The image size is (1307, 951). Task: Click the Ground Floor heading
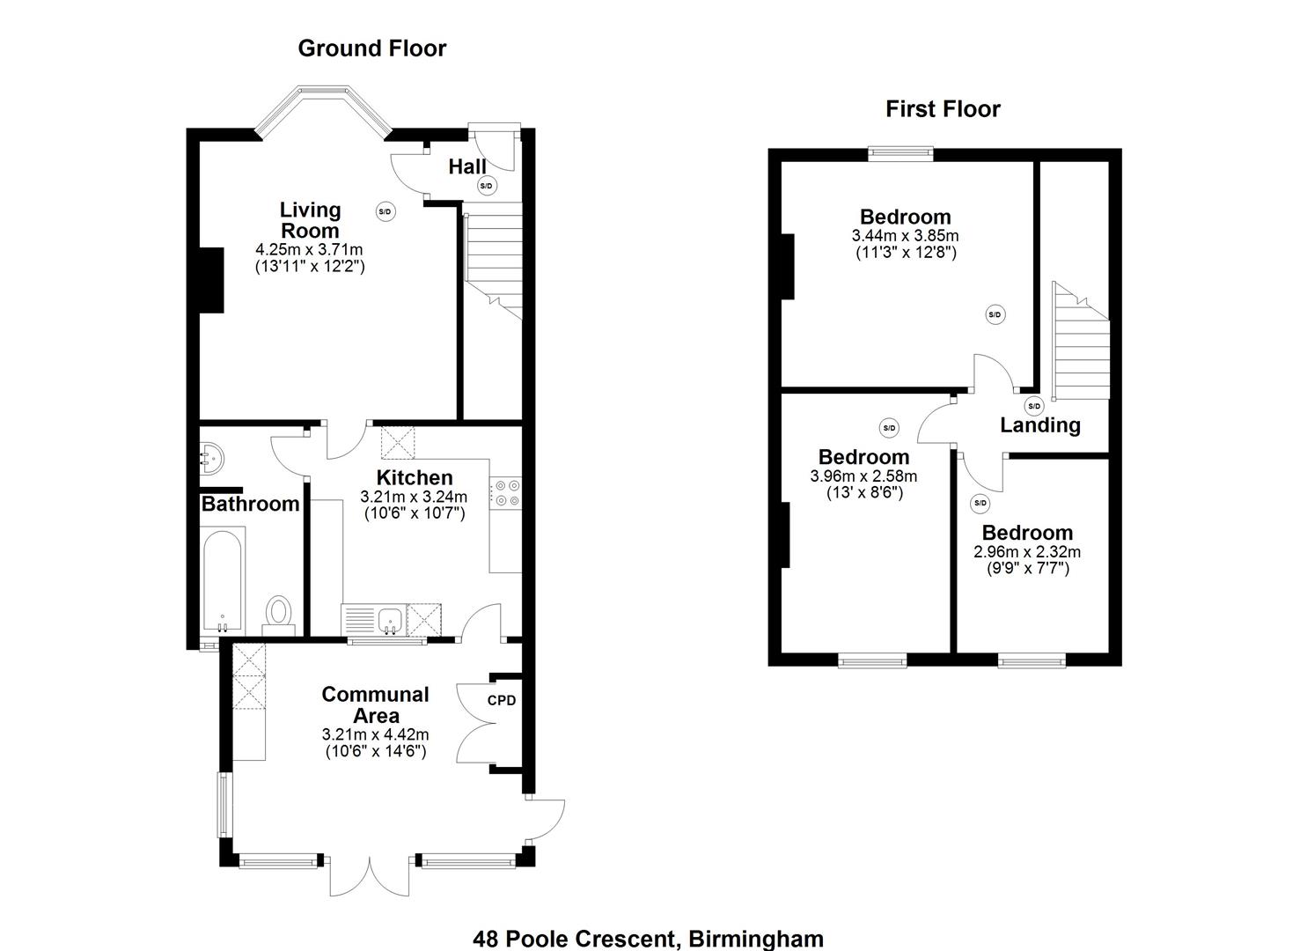[371, 48]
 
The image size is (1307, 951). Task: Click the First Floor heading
[943, 109]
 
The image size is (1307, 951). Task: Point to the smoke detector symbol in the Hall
[487, 186]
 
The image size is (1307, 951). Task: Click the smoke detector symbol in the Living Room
[385, 211]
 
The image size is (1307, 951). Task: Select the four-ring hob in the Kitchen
[505, 493]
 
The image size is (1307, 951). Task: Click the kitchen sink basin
[390, 620]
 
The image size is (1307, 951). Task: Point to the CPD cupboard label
[502, 701]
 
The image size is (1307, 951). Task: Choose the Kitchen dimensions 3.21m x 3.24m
[414, 497]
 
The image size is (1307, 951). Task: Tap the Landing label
[1040, 425]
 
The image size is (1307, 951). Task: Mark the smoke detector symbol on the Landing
[1034, 406]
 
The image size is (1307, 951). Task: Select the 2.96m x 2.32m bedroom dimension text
[1026, 552]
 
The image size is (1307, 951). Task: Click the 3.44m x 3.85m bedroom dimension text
[905, 236]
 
